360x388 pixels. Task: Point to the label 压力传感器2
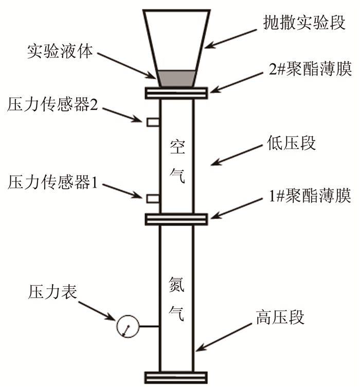tap(56, 105)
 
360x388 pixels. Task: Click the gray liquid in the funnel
tap(176, 78)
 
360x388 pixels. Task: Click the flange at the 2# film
tap(176, 93)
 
